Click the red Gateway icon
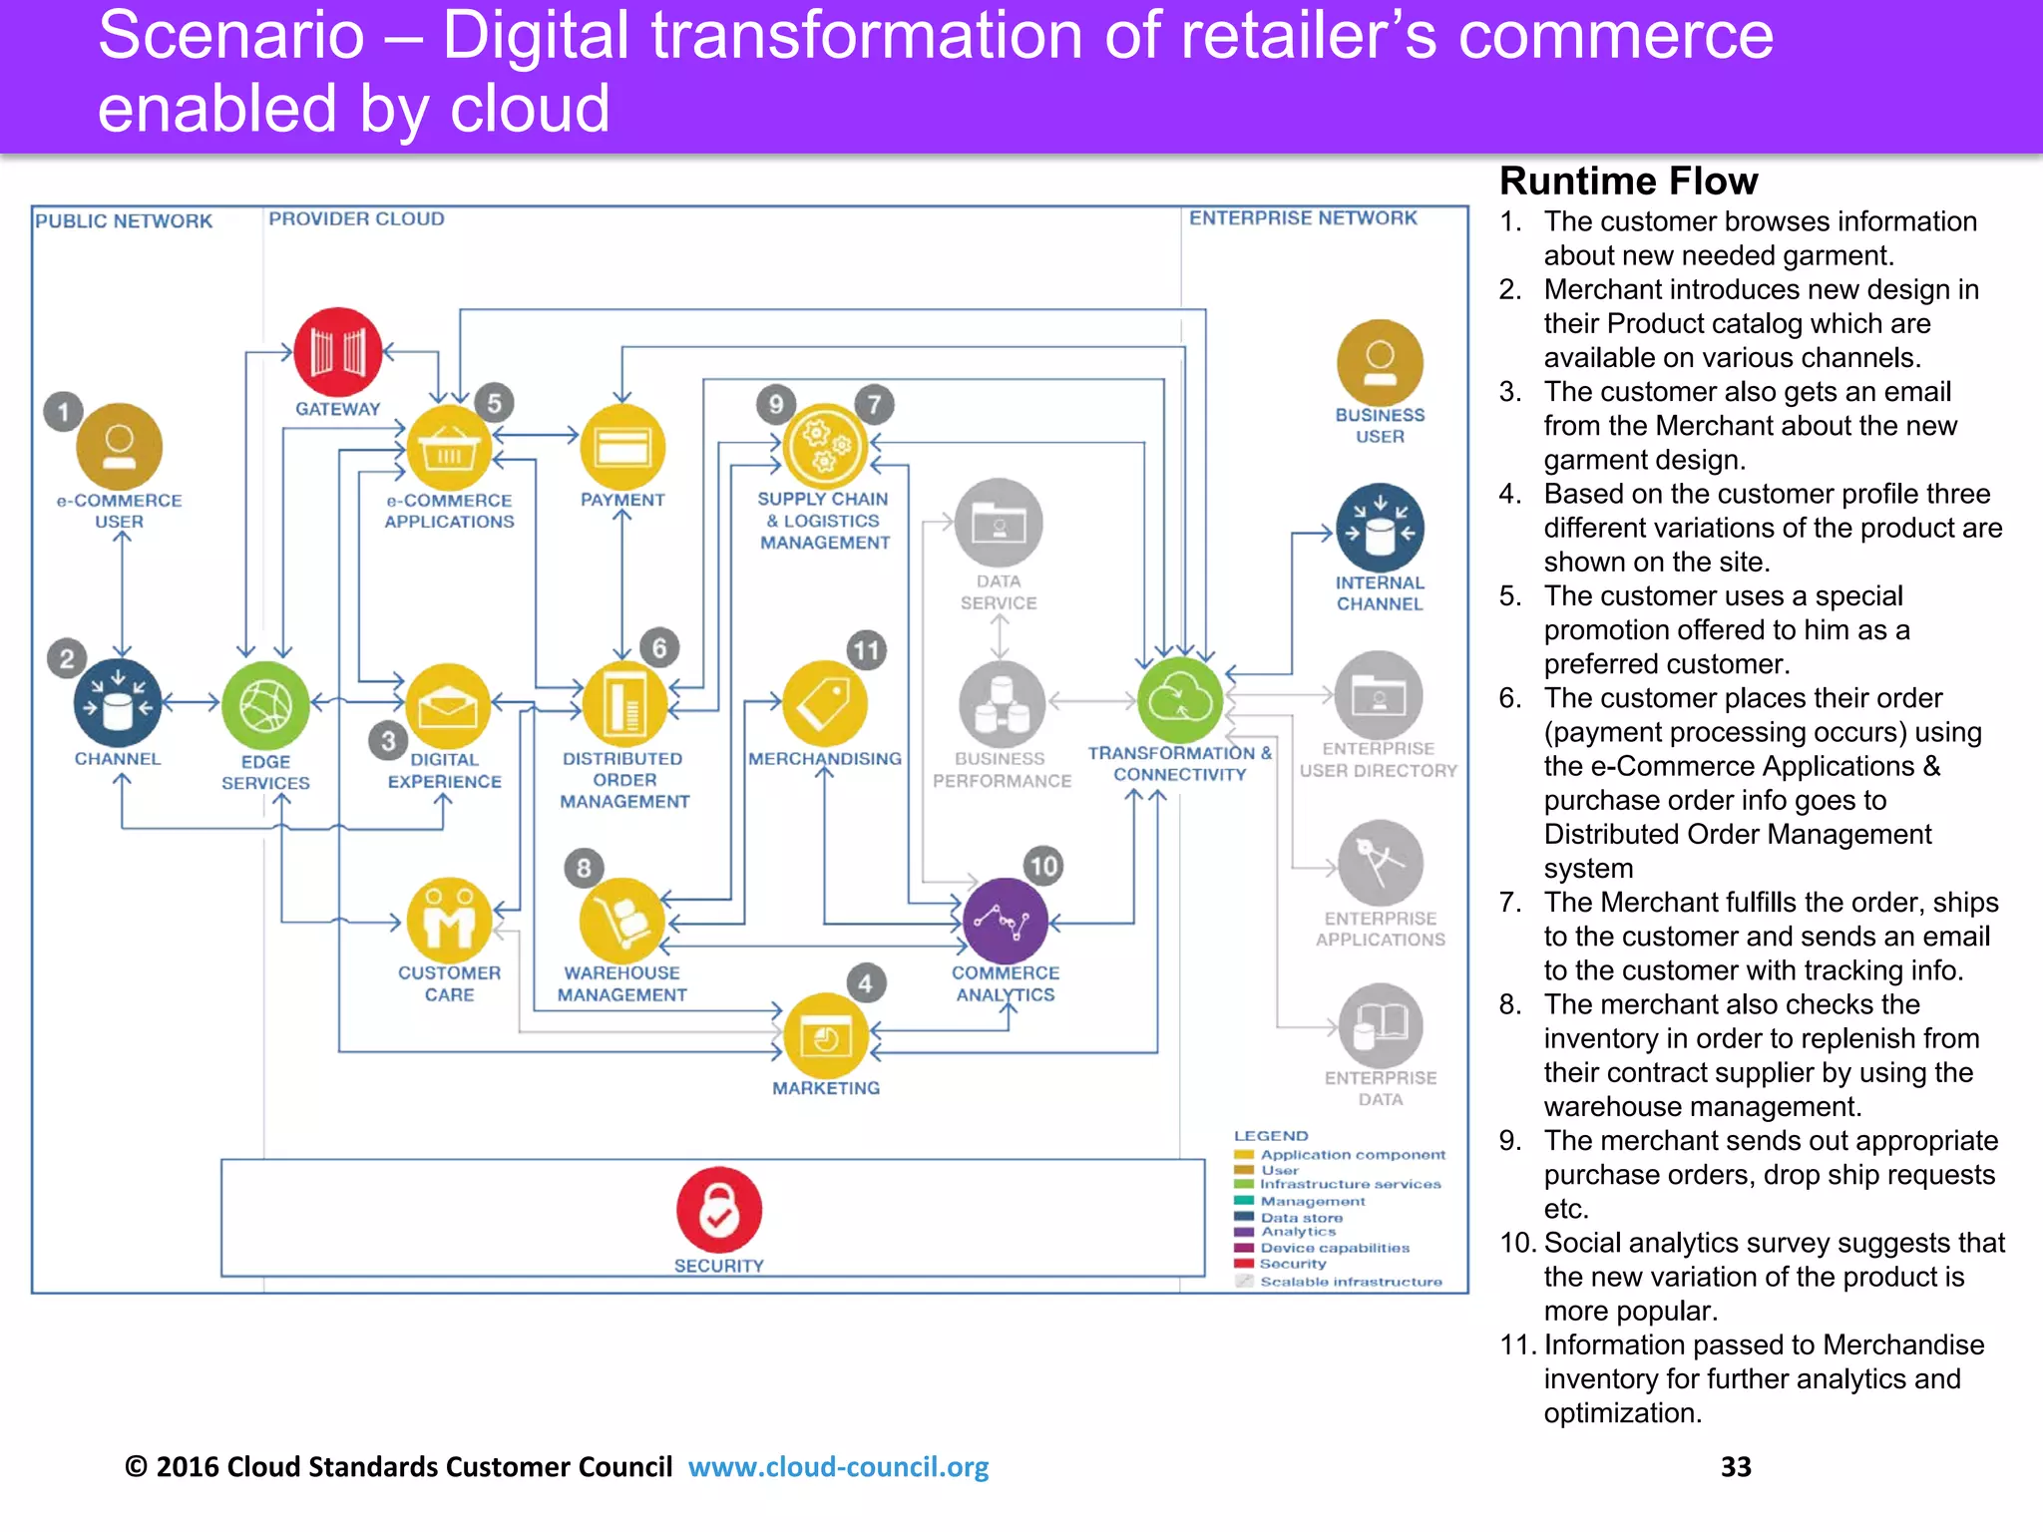pos(338,352)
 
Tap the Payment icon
pos(622,447)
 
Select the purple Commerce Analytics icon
pos(1006,921)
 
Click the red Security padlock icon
pos(719,1210)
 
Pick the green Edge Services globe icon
pos(265,705)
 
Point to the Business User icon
pos(1380,363)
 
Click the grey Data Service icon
pos(999,523)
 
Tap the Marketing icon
pos(826,1036)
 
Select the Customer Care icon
pos(449,920)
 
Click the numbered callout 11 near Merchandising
pos(866,651)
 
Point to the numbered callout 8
pos(584,868)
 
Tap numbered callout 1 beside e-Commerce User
pos(63,412)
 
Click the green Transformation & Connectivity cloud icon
pos(1180,700)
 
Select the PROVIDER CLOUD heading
pos(356,218)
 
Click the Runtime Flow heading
pos(1628,182)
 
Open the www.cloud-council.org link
pos(838,1466)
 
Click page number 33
pos(1736,1466)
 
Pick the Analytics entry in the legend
pos(1297,1232)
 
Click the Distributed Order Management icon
pos(624,704)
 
